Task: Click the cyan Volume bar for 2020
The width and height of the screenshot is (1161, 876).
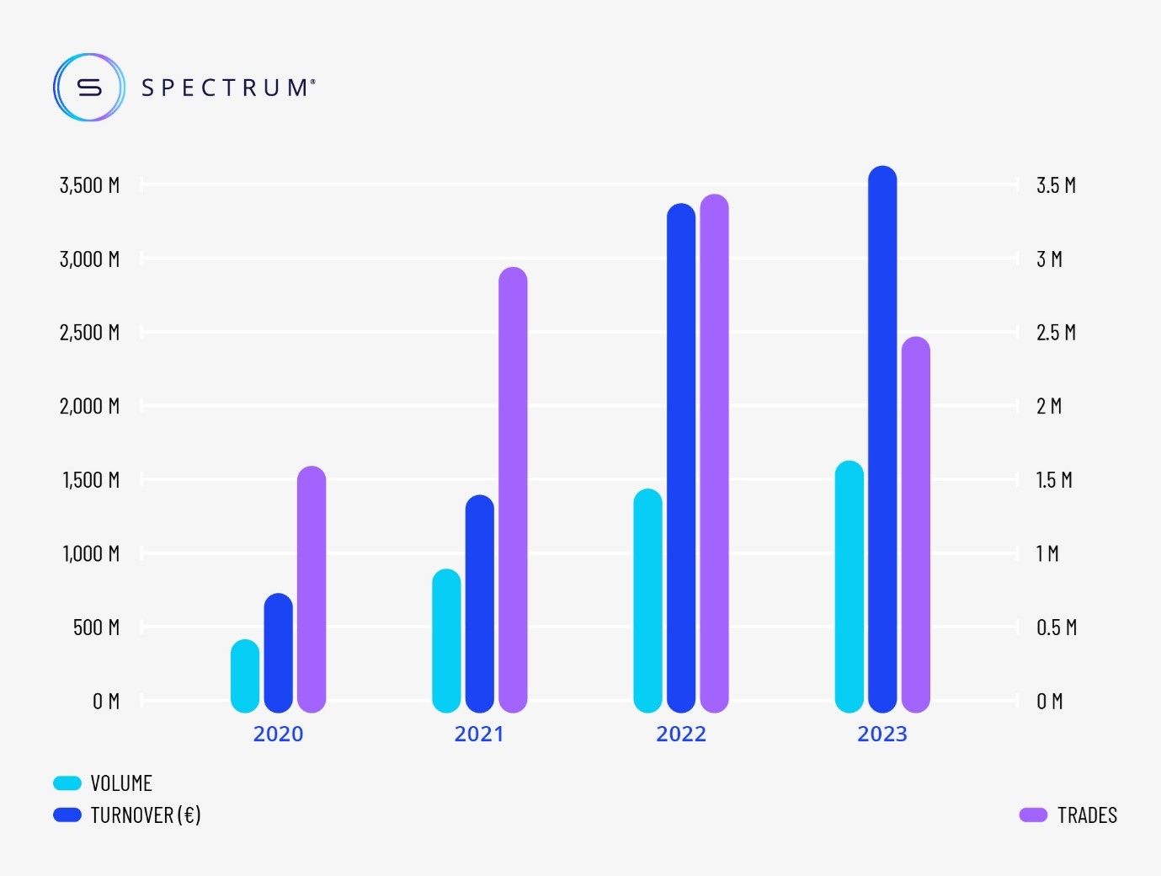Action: point(245,676)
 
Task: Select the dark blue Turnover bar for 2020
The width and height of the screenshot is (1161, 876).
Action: point(278,653)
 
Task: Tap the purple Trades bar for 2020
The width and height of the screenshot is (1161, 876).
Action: point(312,590)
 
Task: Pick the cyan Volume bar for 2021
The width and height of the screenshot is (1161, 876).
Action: point(446,640)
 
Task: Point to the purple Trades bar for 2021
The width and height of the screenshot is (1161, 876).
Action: point(513,489)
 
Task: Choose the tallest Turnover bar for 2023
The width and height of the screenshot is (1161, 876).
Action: point(882,439)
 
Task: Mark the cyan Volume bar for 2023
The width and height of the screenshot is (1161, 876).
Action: point(849,586)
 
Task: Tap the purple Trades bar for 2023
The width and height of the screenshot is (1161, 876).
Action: point(915,524)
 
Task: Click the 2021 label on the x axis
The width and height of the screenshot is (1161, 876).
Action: point(479,734)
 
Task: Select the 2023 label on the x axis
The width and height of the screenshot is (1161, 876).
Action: point(882,734)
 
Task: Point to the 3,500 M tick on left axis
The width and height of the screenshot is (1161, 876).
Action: point(89,185)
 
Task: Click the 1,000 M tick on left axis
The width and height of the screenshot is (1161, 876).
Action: point(91,553)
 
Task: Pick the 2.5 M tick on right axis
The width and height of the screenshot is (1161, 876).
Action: point(1056,333)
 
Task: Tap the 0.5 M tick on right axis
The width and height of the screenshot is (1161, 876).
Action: point(1057,628)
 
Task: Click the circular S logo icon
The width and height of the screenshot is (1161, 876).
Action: point(89,88)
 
